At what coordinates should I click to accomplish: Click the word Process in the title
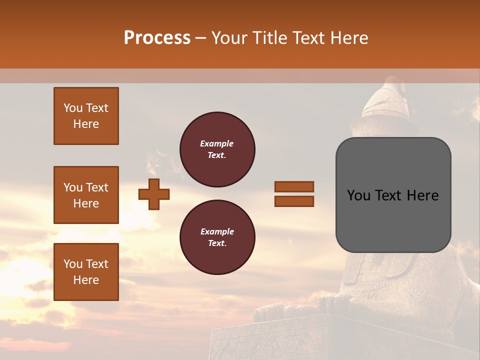coord(157,38)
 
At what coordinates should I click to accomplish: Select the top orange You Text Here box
coord(86,116)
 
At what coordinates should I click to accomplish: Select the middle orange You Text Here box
coord(86,195)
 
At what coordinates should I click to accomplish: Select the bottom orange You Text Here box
coord(86,271)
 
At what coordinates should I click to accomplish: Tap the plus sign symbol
coord(154,194)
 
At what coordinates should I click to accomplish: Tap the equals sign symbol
coord(294,194)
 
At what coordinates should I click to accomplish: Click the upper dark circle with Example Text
coord(217,149)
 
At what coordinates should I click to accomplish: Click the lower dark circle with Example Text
coord(217,237)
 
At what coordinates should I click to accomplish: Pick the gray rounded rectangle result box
coord(393,195)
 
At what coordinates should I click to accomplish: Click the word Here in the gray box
coord(422,195)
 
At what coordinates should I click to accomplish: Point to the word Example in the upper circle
coord(217,143)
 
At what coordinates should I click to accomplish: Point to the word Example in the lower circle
coord(217,231)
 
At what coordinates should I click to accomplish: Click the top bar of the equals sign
coord(294,186)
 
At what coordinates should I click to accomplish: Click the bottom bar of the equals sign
coord(294,201)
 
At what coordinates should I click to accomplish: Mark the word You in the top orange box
coord(73,108)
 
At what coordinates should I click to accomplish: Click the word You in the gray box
coord(358,195)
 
